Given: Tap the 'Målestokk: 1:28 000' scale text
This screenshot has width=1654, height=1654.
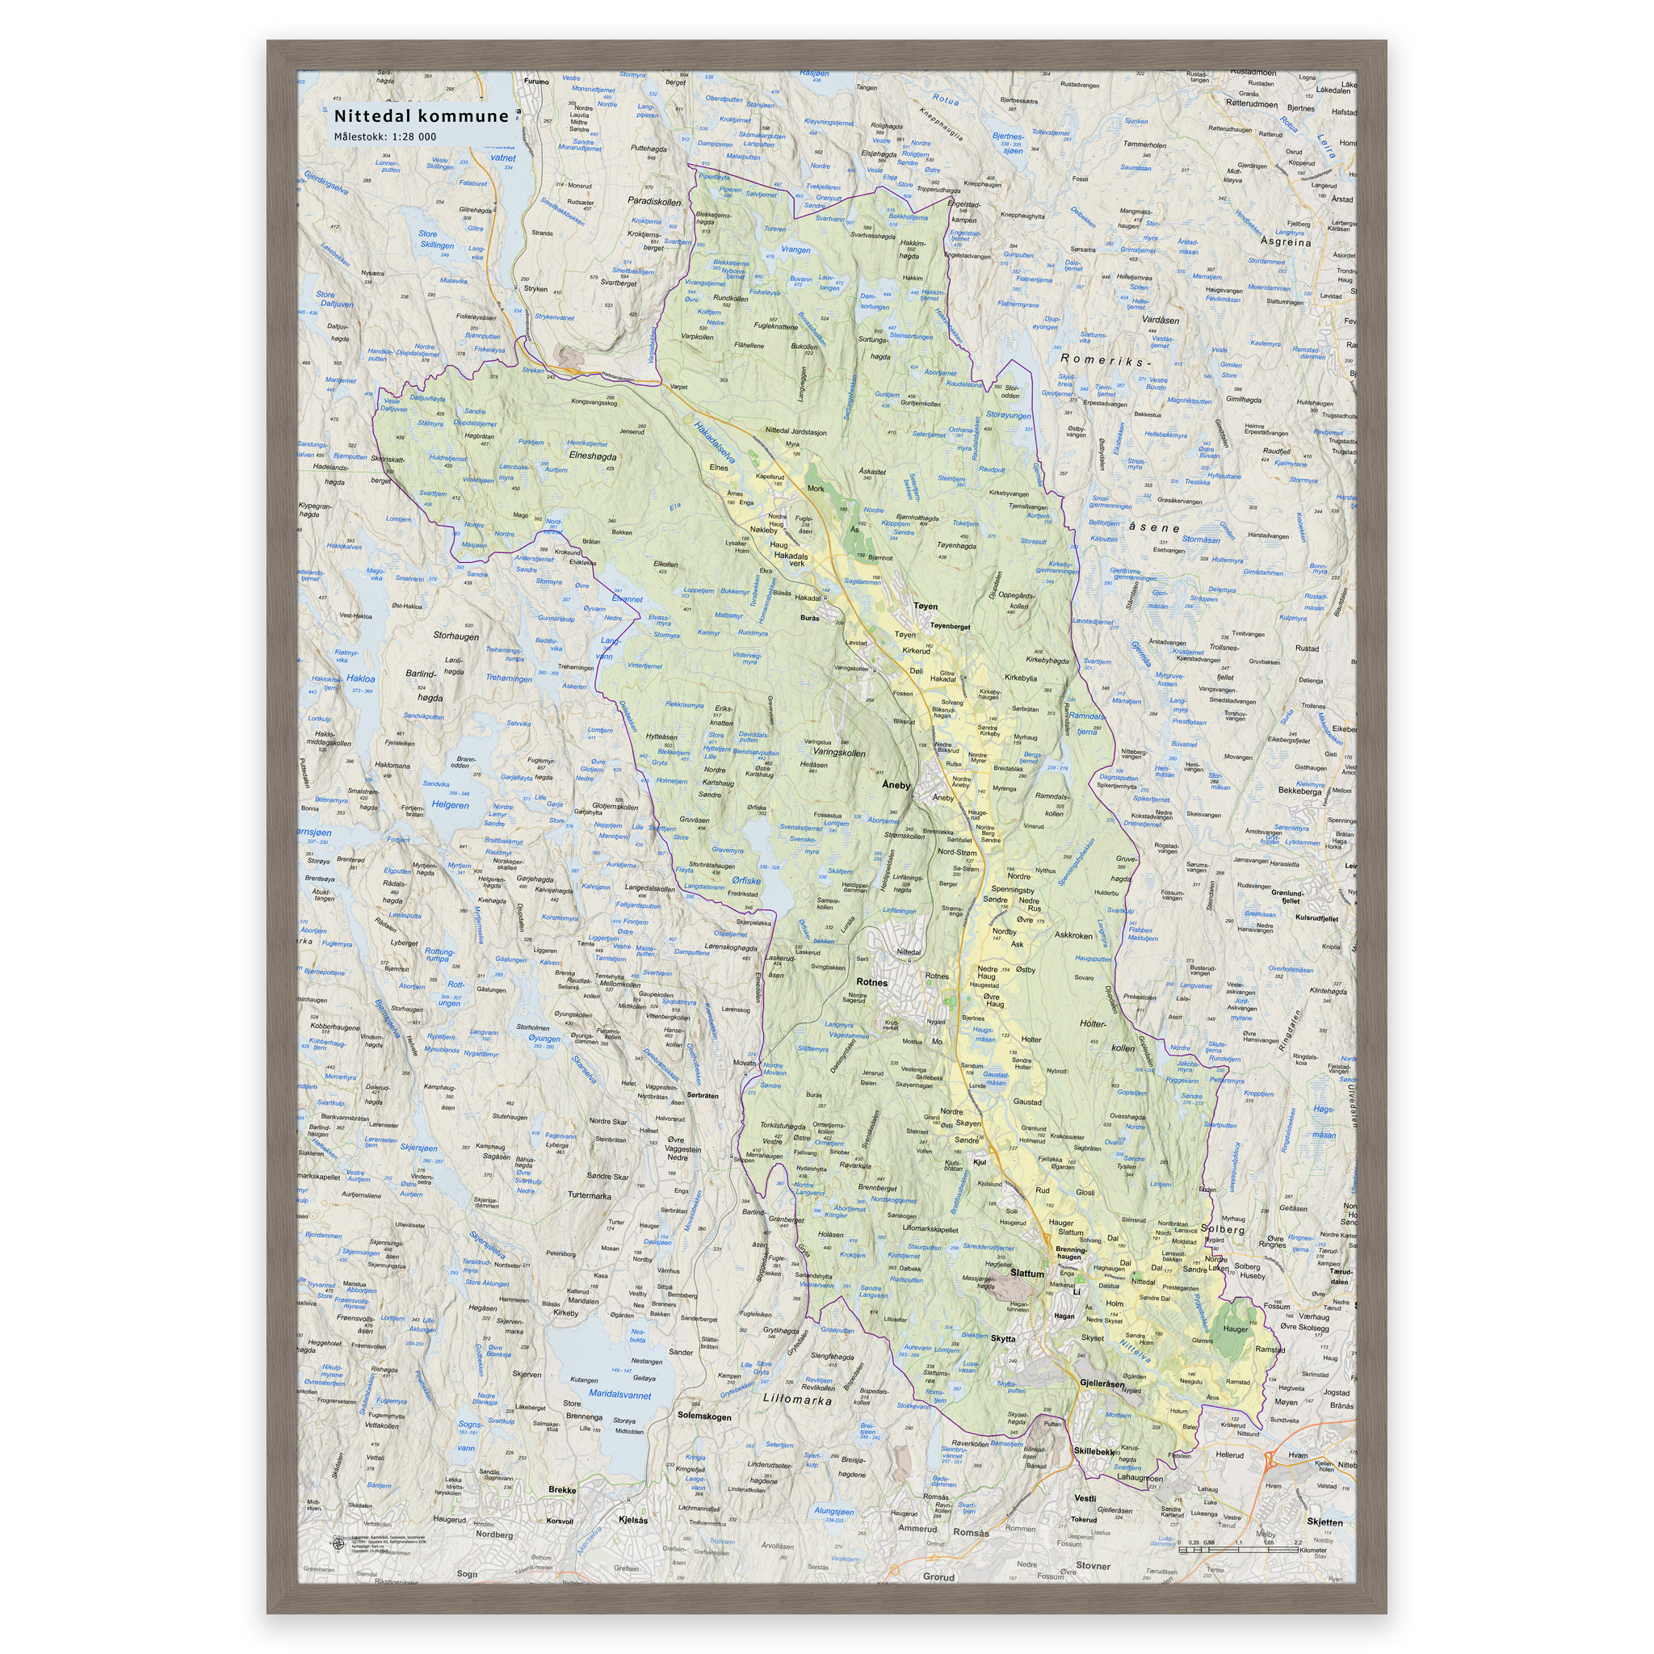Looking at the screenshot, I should click(x=384, y=137).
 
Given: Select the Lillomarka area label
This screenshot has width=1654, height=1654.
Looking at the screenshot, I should click(x=797, y=1400).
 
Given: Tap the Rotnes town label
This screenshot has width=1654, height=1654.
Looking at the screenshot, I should click(x=871, y=982).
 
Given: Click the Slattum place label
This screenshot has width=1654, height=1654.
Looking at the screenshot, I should click(x=1026, y=1273).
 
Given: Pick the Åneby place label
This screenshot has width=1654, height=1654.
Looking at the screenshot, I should click(x=896, y=784).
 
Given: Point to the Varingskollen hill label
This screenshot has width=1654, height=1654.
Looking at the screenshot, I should click(x=839, y=753).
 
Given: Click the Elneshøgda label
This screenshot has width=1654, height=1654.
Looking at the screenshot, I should click(x=591, y=456).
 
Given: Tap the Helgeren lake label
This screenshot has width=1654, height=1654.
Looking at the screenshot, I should click(x=450, y=804).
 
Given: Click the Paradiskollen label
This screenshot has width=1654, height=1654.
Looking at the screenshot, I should click(x=654, y=202).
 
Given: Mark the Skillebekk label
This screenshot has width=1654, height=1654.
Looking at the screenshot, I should click(x=1094, y=1452).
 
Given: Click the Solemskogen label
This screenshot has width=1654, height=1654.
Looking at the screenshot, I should click(x=703, y=1416).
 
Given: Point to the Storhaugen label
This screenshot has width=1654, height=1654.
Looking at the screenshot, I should click(x=455, y=636).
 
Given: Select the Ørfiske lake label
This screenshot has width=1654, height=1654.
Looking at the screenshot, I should click(x=745, y=880).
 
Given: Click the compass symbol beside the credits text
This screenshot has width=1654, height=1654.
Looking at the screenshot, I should click(x=339, y=1543).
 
